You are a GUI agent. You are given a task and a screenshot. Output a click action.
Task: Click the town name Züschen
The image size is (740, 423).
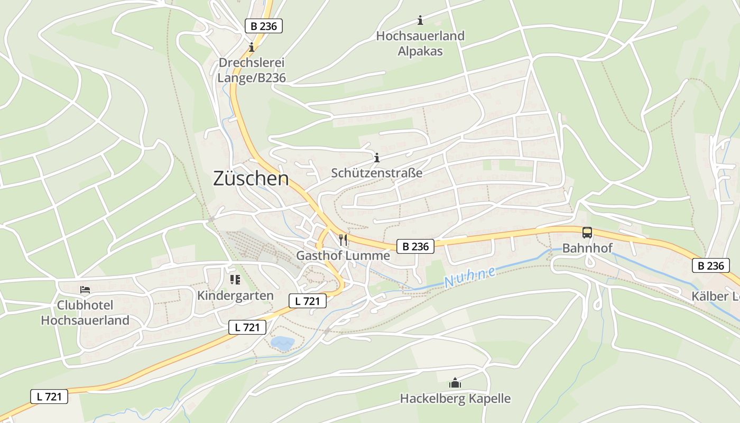[251, 179]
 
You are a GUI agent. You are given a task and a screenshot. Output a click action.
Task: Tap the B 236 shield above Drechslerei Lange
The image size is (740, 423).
[264, 26]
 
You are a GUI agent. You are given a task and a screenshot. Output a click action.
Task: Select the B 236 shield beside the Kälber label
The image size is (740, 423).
[711, 265]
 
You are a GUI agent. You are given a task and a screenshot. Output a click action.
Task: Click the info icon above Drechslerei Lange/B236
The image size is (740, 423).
[252, 47]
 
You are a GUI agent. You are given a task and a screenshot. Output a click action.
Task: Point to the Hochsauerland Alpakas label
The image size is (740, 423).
[420, 44]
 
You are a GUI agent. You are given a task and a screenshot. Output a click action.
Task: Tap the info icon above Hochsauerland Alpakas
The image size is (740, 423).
[420, 21]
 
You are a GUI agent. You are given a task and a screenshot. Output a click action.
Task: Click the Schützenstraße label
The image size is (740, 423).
[377, 173]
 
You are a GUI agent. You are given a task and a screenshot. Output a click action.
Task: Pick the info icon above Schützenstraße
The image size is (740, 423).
[377, 158]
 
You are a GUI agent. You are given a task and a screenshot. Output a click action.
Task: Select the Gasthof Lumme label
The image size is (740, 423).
[343, 255]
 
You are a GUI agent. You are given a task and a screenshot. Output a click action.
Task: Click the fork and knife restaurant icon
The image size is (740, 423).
[343, 240]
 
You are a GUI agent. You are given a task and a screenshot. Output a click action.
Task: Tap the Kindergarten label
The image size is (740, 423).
[235, 296]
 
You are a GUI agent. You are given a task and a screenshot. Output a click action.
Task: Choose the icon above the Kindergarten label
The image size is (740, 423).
[235, 279]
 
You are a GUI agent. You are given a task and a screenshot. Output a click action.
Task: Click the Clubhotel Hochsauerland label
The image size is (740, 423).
[85, 313]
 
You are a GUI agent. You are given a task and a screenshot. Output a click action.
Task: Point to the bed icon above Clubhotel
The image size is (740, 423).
[85, 290]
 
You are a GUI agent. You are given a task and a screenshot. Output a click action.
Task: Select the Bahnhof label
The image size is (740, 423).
[587, 248]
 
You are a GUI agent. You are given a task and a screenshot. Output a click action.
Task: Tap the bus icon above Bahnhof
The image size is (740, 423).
[587, 233]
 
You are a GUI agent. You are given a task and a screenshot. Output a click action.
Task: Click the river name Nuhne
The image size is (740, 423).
[470, 277]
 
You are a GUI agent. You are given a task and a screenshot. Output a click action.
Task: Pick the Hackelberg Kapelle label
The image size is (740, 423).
[455, 398]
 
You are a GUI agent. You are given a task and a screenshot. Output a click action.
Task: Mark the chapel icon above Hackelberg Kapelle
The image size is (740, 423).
[455, 382]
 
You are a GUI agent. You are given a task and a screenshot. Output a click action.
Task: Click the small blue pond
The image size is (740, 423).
[282, 343]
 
